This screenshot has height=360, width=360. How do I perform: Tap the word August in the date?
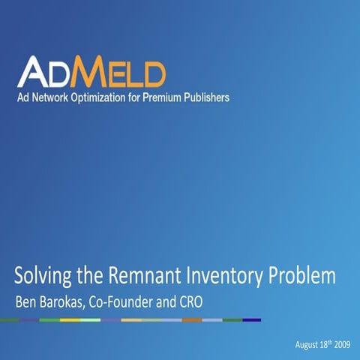coord(307,344)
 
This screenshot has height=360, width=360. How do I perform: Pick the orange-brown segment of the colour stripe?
coord(192,319)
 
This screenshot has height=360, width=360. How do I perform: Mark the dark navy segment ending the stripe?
coord(252,319)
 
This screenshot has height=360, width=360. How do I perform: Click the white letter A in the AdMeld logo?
coord(34,72)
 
